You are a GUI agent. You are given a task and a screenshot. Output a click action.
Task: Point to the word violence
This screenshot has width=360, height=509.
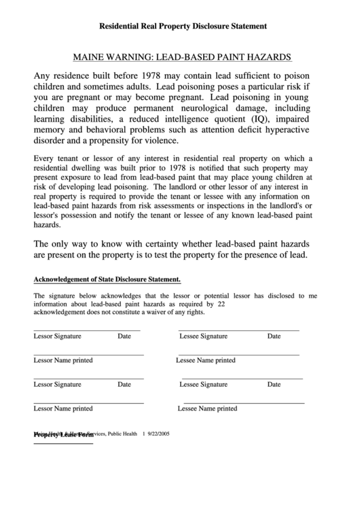(160, 141)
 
